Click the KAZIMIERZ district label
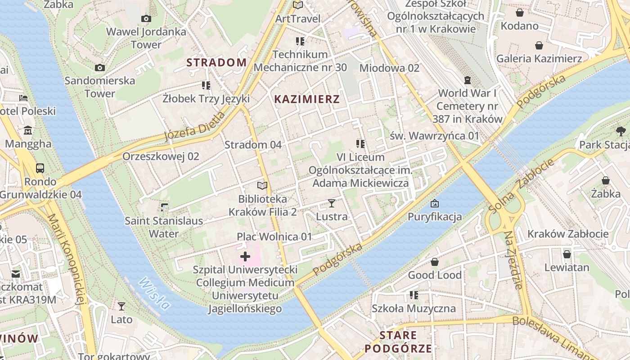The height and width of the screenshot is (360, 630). (307, 99)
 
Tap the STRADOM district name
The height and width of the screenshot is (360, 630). (216, 63)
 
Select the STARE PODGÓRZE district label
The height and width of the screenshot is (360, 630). (398, 342)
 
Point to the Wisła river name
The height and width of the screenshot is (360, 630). (154, 293)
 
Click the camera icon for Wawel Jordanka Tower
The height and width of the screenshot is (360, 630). (146, 19)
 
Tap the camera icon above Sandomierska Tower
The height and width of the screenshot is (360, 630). (100, 68)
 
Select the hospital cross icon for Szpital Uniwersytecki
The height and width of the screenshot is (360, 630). (245, 257)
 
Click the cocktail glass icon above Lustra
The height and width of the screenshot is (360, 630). (332, 203)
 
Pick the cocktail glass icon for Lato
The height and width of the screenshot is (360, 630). (121, 306)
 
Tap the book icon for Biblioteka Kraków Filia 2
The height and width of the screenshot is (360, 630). (262, 185)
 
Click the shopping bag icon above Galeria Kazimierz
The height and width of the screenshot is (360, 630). (539, 45)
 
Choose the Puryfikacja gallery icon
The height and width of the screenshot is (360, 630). (434, 203)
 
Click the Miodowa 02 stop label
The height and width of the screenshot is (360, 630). (389, 68)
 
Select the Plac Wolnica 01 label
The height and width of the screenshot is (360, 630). (274, 237)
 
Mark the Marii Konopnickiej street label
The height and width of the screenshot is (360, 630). (66, 259)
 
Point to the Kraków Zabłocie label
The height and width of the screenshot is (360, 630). (568, 234)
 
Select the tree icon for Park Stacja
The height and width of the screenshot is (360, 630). (621, 132)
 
